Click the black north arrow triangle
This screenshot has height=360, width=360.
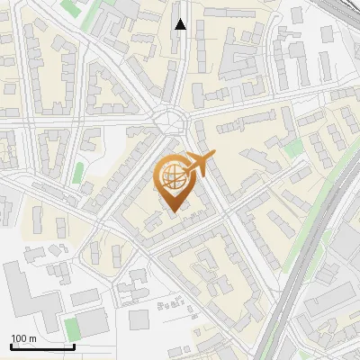point(181,24)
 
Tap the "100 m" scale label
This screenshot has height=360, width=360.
point(23,338)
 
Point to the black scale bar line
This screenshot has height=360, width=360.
point(42,346)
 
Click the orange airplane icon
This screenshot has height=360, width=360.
point(199,164)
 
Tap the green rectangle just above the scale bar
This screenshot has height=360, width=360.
point(72,328)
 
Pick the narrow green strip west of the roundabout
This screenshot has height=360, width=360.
point(78,171)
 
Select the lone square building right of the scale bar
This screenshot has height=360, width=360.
point(139,319)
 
